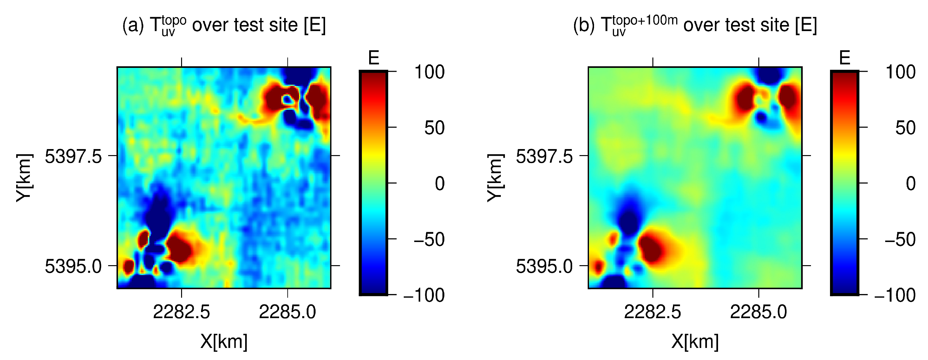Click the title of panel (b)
click(x=695, y=25)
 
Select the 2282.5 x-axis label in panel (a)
click(x=181, y=312)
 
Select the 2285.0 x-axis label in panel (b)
click(x=758, y=312)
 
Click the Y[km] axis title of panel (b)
click(x=495, y=177)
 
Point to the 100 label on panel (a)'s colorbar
click(x=429, y=72)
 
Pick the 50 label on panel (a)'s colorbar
click(x=434, y=128)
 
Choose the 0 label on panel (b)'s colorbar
click(x=910, y=184)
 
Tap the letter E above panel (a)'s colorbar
click(x=374, y=58)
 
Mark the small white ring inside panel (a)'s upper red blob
click(x=287, y=100)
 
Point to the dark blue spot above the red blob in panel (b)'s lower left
click(x=629, y=218)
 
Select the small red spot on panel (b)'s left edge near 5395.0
click(x=598, y=267)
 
